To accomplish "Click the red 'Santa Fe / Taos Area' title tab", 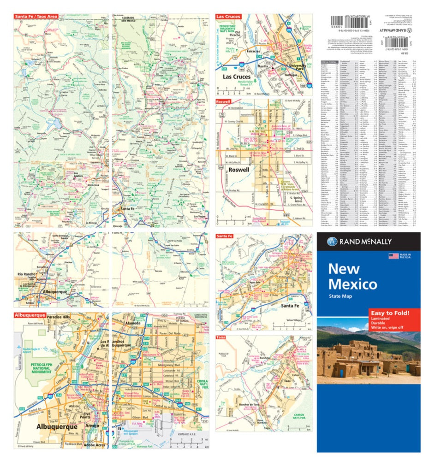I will coord(36,17).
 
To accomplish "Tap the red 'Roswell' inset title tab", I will coord(225,101).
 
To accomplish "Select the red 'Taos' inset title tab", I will coord(221,338).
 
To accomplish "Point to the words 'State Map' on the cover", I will coord(340,296).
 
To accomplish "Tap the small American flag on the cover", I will coord(393,255).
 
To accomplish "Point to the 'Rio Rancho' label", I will coord(26,275).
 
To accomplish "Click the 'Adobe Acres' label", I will coord(95,446).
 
